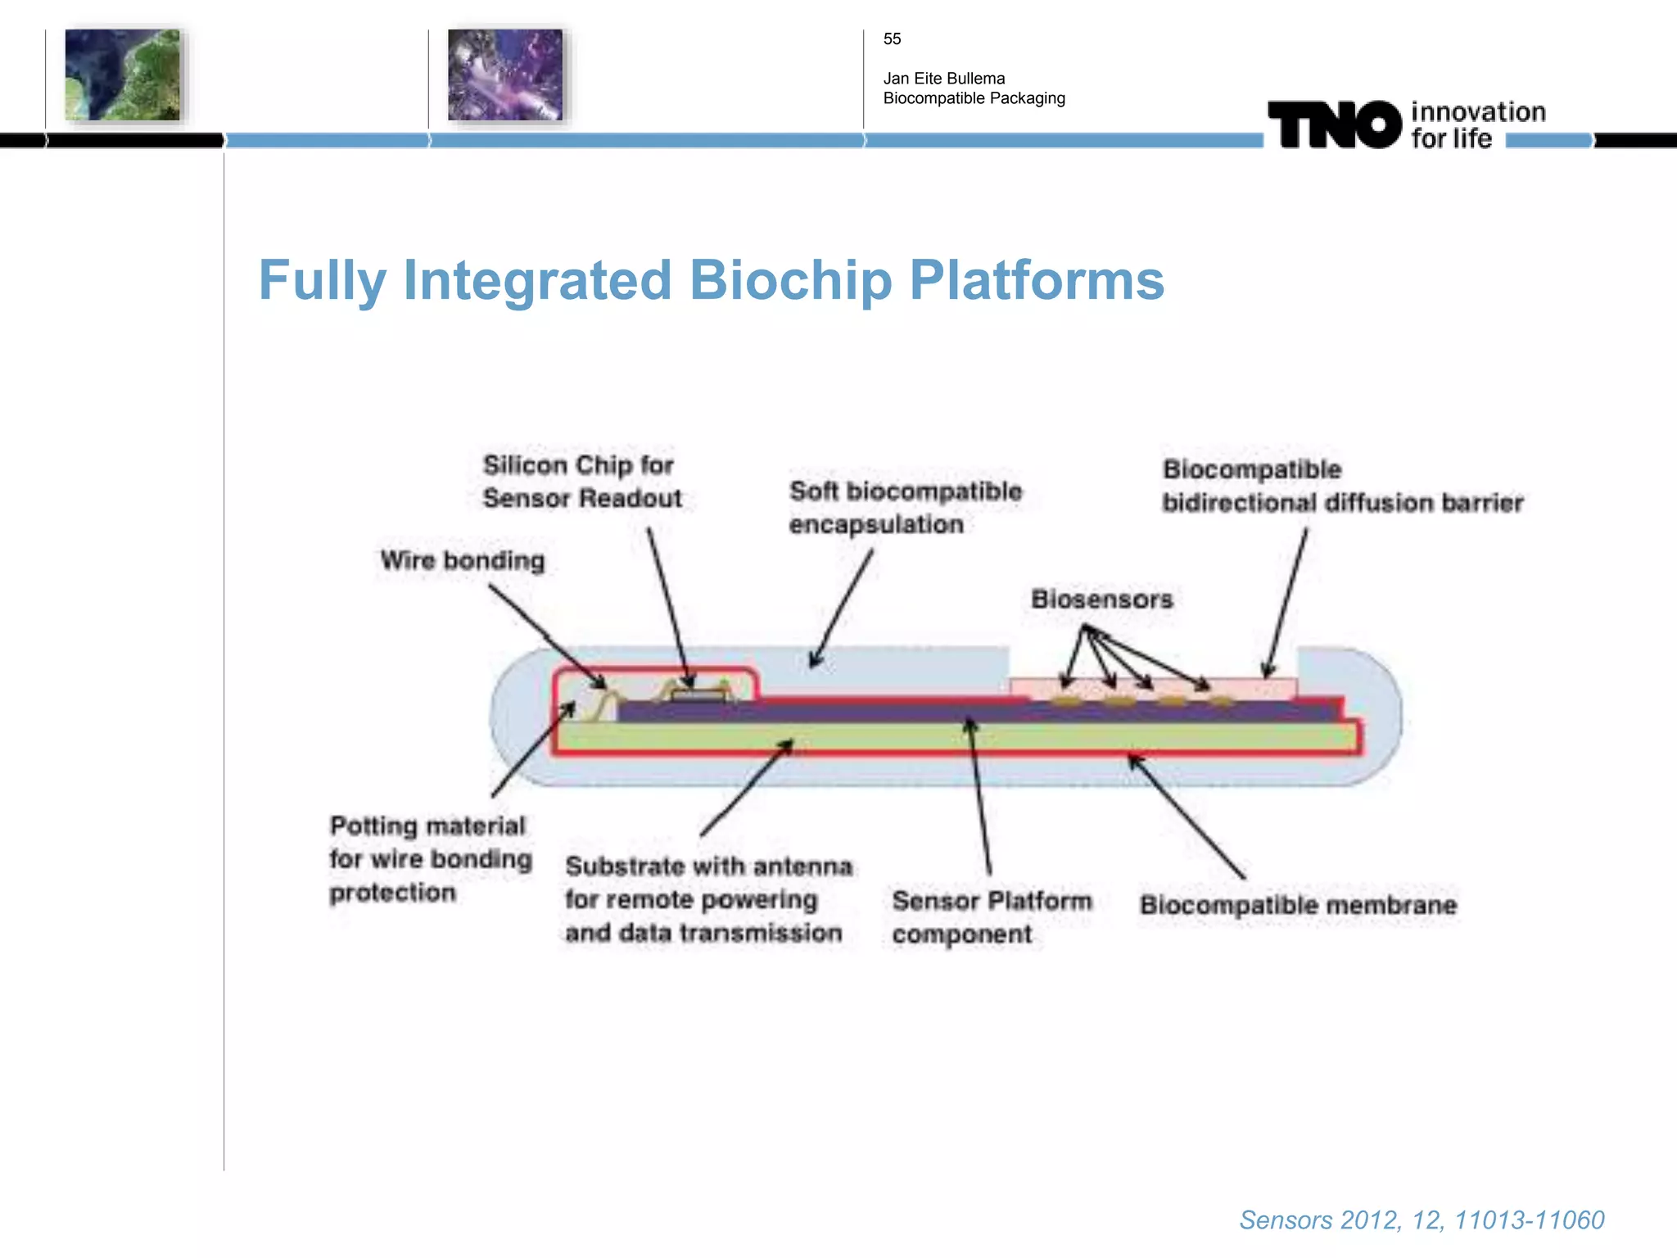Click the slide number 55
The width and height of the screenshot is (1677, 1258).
coord(892,39)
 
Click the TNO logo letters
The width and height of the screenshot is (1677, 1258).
coord(1334,125)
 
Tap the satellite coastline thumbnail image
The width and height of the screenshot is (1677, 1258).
coord(122,75)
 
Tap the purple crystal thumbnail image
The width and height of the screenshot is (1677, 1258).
coord(505,75)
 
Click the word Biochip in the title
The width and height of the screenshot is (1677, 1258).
coord(790,281)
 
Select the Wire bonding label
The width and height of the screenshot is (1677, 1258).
coord(463,561)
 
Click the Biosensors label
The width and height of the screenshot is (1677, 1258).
coord(1101,600)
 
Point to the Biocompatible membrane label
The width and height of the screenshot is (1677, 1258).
coord(1298,905)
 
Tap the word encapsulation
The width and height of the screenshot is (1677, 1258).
coord(876,524)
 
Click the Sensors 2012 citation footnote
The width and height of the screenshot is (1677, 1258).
coord(1422,1220)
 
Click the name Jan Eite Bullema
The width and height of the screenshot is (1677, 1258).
coord(943,79)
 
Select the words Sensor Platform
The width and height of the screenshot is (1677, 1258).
coord(992,901)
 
